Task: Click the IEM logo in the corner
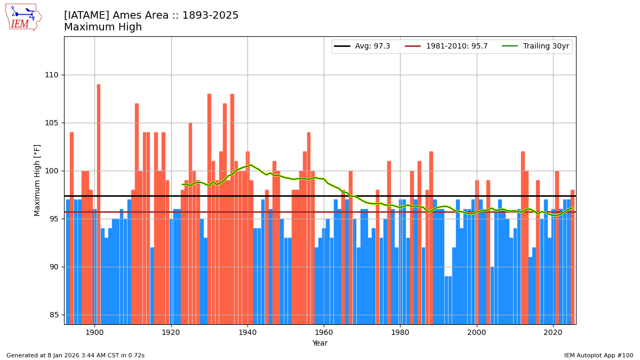[x=23, y=17]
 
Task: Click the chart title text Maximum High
[x=103, y=27]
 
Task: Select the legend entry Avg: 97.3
[x=362, y=46]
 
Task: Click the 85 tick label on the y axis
[x=54, y=315]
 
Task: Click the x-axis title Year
[x=320, y=343]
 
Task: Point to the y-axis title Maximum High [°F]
[x=37, y=180]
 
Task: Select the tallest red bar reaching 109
[x=99, y=203]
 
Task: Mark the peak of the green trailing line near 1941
[x=251, y=165]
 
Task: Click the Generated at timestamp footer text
[x=75, y=355]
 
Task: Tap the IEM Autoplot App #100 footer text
[x=598, y=355]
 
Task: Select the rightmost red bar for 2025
[x=572, y=256]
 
